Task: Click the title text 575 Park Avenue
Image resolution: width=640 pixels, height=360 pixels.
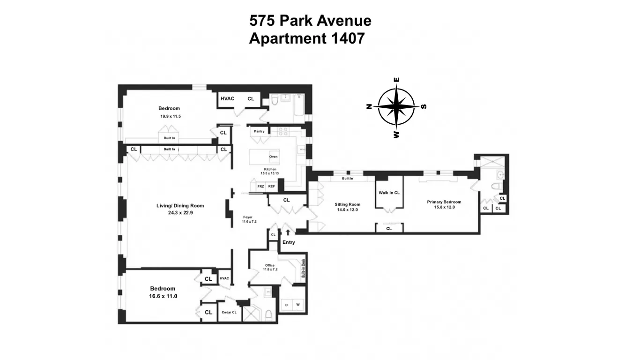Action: tap(310, 21)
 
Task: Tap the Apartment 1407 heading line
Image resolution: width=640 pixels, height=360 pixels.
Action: tap(306, 38)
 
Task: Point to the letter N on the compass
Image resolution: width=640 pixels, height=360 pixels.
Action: tap(369, 106)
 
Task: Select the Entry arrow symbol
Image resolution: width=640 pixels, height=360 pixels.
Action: tap(288, 232)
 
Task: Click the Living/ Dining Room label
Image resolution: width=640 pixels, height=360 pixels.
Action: tap(180, 206)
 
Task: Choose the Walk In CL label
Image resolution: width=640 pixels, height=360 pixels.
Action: tap(389, 193)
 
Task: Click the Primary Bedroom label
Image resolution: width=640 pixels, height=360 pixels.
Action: tap(441, 202)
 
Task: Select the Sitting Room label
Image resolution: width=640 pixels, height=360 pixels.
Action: tap(347, 204)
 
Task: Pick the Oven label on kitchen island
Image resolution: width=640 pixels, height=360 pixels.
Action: tap(273, 157)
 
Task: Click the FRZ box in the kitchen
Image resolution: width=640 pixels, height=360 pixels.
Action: tap(261, 186)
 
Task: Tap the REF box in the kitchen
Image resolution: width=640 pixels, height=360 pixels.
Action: tap(271, 186)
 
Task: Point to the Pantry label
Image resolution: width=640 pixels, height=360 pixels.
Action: tap(259, 131)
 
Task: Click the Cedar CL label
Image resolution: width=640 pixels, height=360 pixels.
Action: tap(229, 312)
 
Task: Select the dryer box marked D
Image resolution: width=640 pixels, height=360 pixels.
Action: tap(286, 305)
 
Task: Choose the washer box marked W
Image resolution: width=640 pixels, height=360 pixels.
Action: tap(298, 305)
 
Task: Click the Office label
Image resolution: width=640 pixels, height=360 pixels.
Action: tap(270, 265)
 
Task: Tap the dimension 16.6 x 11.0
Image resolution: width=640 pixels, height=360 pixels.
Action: tap(163, 296)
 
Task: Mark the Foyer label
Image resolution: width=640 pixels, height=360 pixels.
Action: tap(248, 217)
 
